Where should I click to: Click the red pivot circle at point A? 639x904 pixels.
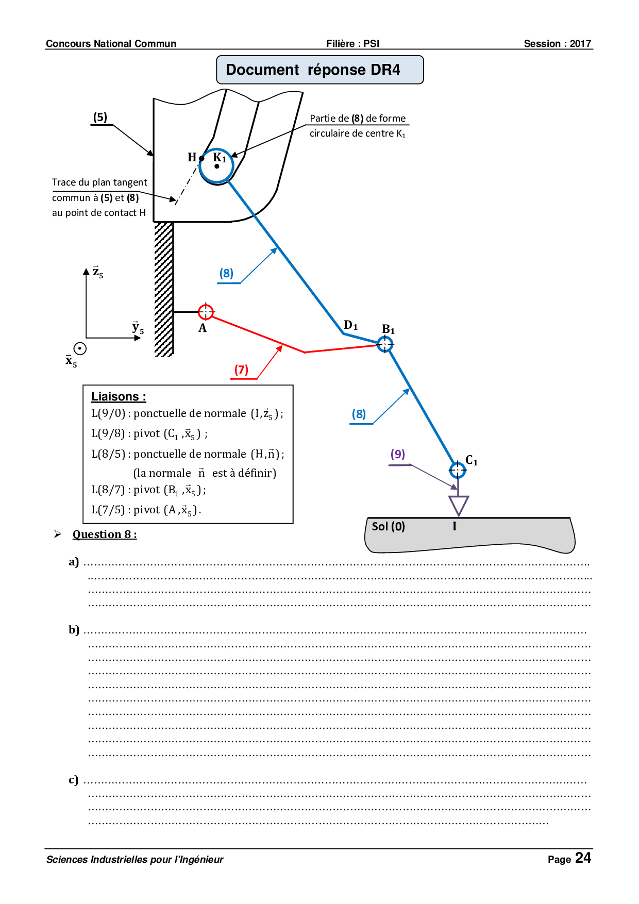206,311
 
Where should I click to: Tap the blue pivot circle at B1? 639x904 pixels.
385,344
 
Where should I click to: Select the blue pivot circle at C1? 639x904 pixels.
457,470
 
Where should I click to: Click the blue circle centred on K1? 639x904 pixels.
216,165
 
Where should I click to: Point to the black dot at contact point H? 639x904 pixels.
201,159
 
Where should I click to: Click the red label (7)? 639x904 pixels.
241,370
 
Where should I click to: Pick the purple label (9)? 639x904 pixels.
397,454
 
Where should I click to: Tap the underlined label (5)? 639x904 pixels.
100,117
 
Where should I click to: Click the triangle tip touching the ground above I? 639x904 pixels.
458,515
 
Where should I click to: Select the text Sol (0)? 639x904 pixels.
388,526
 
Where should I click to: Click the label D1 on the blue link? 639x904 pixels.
350,325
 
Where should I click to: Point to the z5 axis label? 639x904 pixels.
97,272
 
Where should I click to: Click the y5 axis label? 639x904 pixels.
138,328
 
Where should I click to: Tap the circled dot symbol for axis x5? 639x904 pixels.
80,348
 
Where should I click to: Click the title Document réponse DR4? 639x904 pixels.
313,70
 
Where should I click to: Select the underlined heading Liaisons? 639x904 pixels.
119,396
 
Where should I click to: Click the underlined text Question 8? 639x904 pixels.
105,534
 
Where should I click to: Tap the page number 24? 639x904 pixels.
583,858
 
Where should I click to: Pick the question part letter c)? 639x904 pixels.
74,779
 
